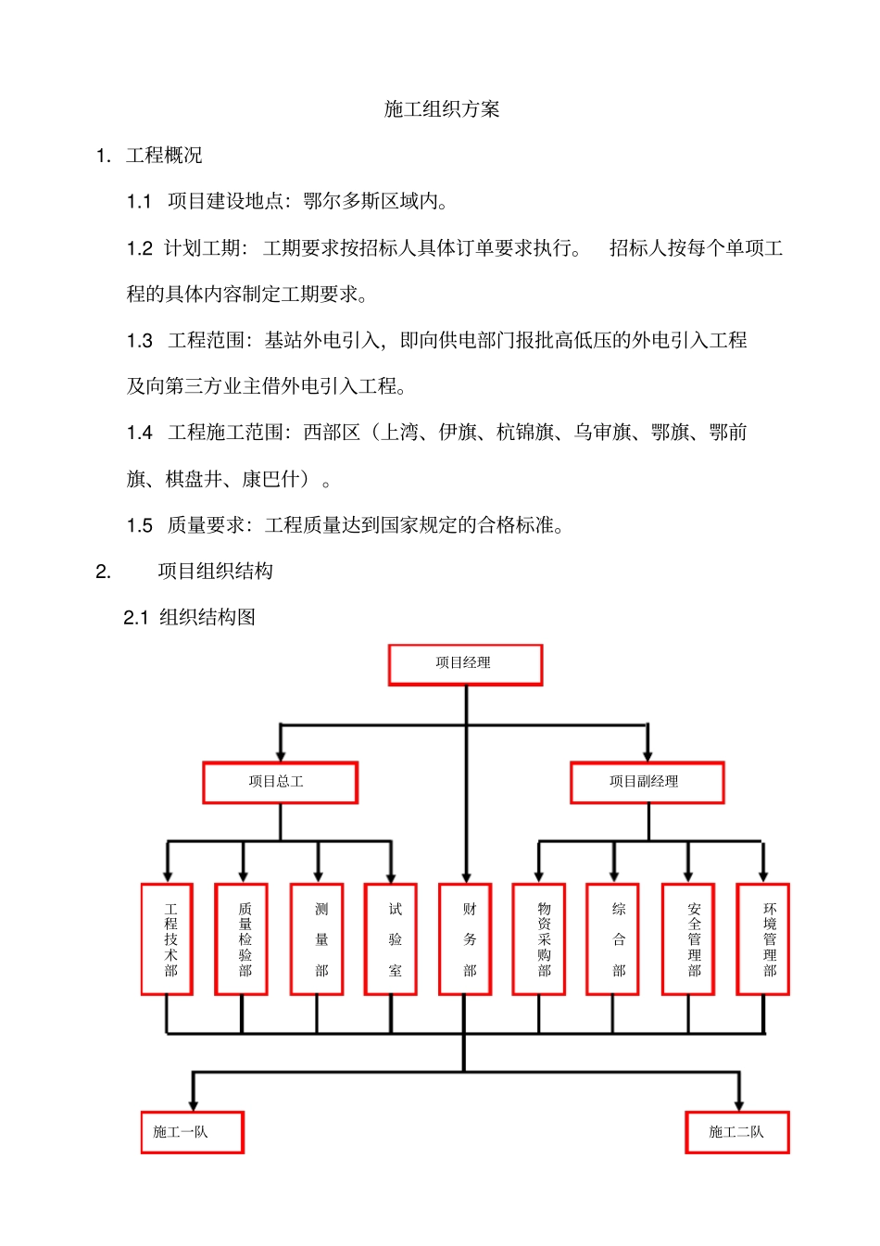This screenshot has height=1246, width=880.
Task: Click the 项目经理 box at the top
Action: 465,664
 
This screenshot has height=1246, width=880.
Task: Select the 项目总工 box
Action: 280,782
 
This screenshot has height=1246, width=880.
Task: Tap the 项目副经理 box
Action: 647,782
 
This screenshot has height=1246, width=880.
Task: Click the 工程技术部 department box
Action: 168,939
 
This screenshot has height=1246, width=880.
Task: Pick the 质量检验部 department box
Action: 242,939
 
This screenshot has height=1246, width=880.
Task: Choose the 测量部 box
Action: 317,939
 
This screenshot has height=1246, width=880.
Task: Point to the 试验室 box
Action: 391,939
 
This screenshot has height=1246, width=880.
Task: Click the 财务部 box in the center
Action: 465,939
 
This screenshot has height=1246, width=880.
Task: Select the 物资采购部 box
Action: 539,939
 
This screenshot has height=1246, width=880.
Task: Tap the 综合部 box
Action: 613,939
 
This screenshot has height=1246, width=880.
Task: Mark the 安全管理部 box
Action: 688,939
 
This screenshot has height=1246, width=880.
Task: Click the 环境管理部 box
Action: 763,939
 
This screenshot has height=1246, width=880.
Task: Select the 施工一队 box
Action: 193,1132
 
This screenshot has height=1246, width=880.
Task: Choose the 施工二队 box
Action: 737,1132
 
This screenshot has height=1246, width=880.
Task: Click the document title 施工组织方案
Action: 442,109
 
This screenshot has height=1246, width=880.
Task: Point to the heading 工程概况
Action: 164,156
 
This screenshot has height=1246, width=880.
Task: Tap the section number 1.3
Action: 140,341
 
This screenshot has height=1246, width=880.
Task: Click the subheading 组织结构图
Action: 207,618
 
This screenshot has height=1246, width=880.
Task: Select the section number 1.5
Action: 140,526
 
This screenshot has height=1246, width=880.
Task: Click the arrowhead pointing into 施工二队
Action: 739,1104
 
